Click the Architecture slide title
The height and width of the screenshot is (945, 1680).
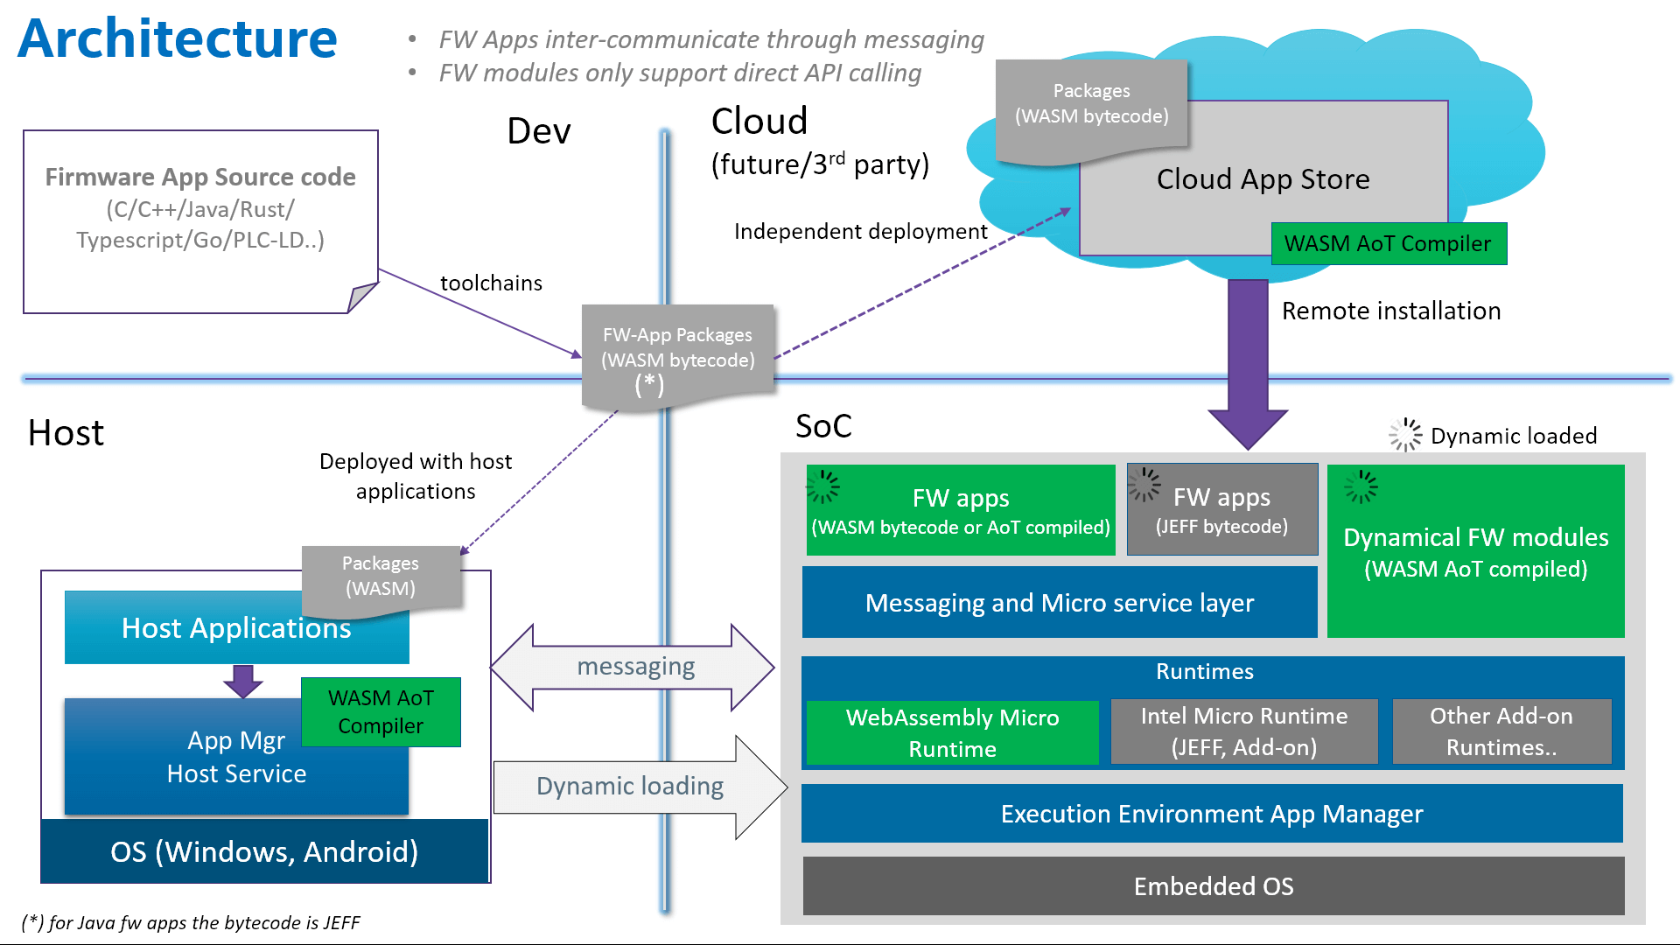(x=178, y=39)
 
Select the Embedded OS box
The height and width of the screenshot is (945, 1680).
(x=1213, y=886)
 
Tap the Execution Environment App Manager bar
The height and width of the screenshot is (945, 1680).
(x=1212, y=814)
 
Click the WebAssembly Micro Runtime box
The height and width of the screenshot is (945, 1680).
(x=952, y=733)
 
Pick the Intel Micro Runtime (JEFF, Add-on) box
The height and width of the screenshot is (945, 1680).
(x=1243, y=731)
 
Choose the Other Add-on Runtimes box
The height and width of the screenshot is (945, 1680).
(x=1501, y=731)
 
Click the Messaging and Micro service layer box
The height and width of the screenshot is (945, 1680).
(x=1059, y=603)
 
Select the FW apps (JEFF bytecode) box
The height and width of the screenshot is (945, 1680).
(x=1221, y=510)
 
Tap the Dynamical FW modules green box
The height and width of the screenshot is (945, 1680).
(x=1475, y=552)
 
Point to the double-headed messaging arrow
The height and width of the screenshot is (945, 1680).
(x=633, y=668)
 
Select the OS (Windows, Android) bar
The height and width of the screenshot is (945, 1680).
(x=264, y=851)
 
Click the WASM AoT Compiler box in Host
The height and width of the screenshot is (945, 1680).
(x=381, y=712)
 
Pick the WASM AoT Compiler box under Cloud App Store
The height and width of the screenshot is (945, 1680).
(x=1388, y=244)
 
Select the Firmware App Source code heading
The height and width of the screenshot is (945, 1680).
(x=200, y=177)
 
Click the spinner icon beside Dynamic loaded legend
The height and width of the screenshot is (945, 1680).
(x=1405, y=435)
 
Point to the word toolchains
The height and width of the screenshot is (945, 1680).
(x=491, y=283)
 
